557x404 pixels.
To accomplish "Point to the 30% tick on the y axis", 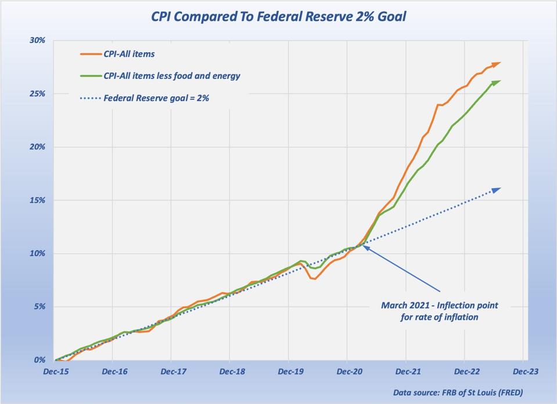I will click(37, 41).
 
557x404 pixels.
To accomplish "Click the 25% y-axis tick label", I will click(37, 93).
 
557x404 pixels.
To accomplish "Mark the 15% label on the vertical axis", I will click(37, 200).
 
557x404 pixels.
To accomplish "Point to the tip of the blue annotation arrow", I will click(364, 247).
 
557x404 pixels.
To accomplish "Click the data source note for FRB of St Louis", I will click(458, 392).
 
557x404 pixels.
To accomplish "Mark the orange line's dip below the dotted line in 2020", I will click(314, 279).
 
